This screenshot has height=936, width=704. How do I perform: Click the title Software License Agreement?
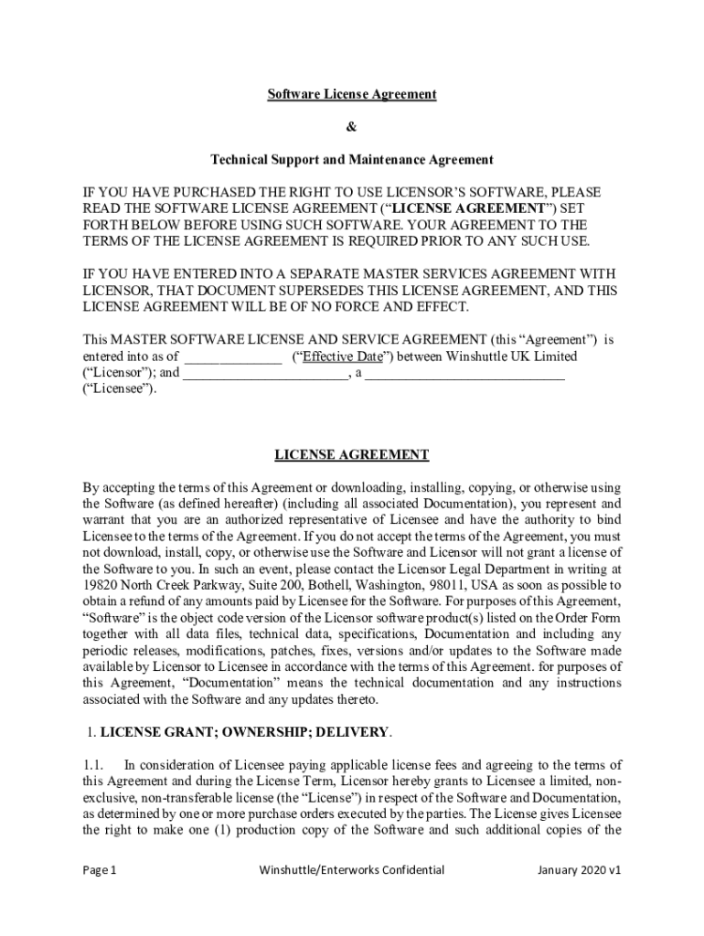point(351,94)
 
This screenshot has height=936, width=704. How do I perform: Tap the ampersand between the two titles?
point(351,127)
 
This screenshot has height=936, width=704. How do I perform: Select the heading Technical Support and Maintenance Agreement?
point(351,160)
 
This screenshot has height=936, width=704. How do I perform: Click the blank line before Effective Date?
point(233,356)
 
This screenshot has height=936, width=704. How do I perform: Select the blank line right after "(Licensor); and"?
point(264,373)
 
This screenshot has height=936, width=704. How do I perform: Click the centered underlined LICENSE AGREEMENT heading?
point(351,454)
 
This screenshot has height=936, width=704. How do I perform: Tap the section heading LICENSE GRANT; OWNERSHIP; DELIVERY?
point(245,732)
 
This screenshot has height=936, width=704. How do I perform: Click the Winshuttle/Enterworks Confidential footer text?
point(351,870)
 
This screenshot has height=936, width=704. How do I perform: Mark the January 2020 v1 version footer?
point(580,870)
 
